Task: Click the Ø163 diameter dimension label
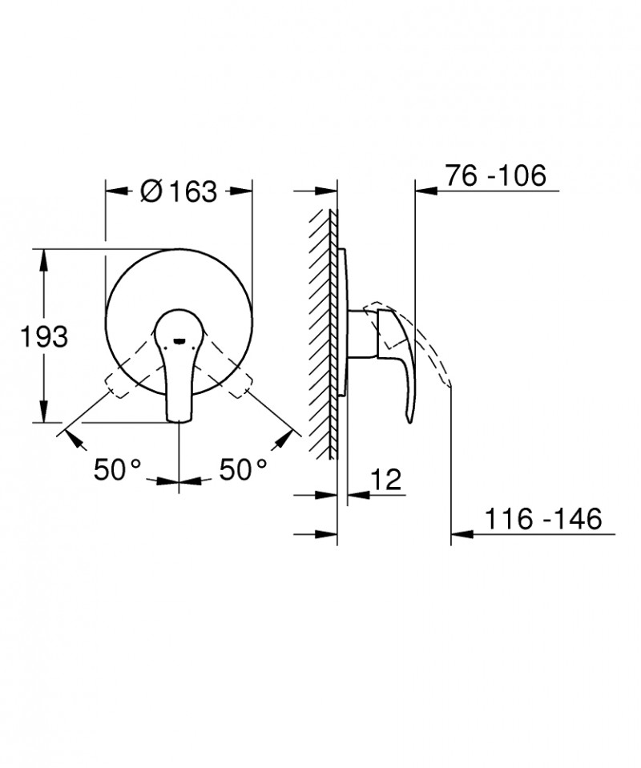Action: (178, 191)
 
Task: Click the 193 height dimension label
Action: (43, 336)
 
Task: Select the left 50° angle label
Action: (117, 469)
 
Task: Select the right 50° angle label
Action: (241, 469)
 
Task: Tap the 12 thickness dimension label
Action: (386, 481)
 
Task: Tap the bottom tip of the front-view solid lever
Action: (179, 417)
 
